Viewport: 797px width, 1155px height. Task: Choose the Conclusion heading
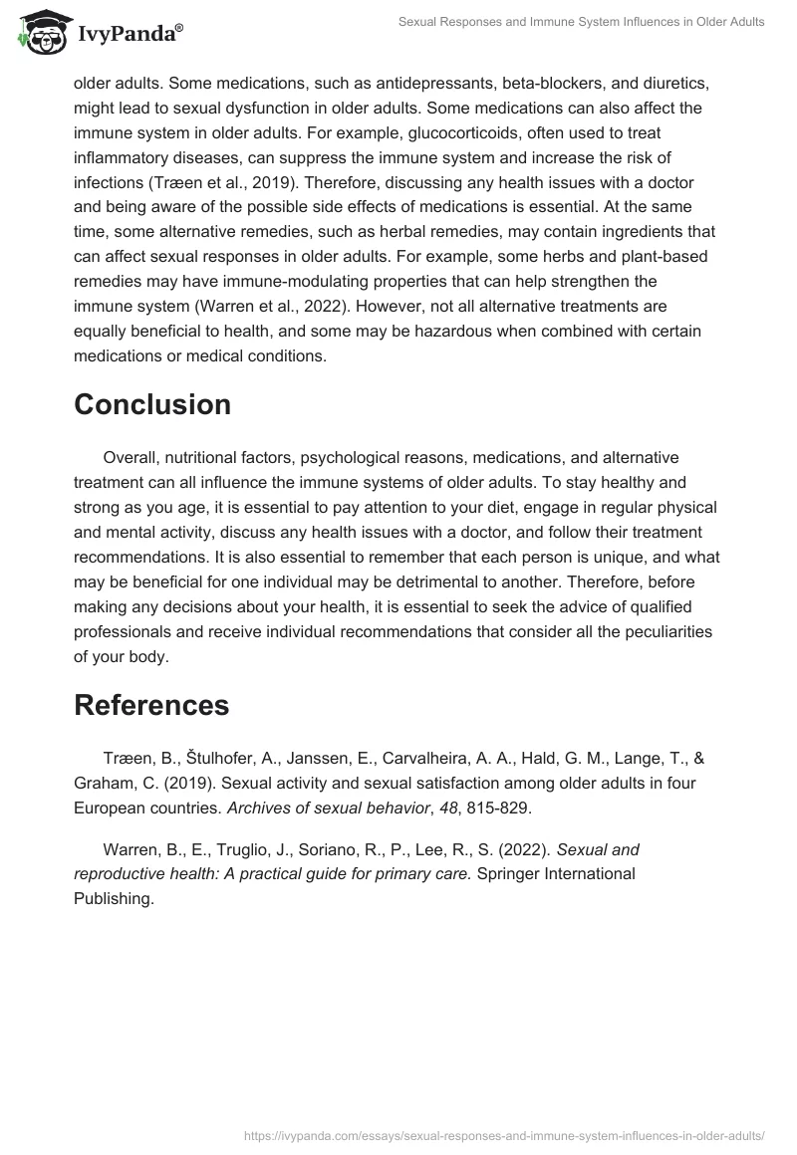click(x=152, y=404)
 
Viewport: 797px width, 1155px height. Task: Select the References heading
click(x=151, y=705)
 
